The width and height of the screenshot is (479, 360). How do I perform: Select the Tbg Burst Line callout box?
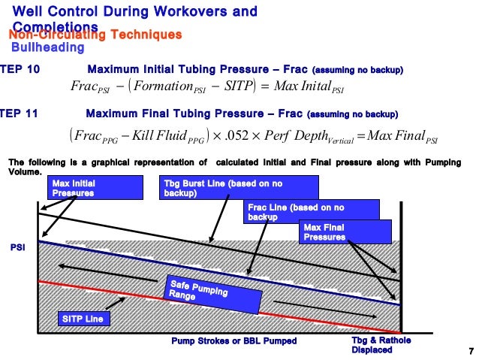(x=203, y=188)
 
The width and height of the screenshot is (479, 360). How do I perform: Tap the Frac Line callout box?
(x=296, y=212)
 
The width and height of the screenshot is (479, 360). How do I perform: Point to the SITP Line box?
(x=83, y=319)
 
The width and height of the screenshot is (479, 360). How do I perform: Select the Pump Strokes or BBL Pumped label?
(x=234, y=341)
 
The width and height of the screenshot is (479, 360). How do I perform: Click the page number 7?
(x=470, y=352)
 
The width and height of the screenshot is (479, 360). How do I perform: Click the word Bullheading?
(x=47, y=48)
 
